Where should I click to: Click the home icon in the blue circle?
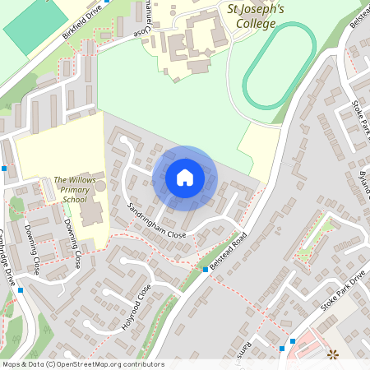(x=185, y=178)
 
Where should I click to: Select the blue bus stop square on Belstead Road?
(x=206, y=269)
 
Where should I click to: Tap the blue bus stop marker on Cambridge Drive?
(x=21, y=289)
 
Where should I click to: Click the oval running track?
(x=279, y=66)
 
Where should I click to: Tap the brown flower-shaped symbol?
(x=333, y=355)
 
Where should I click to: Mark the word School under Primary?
(x=74, y=199)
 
